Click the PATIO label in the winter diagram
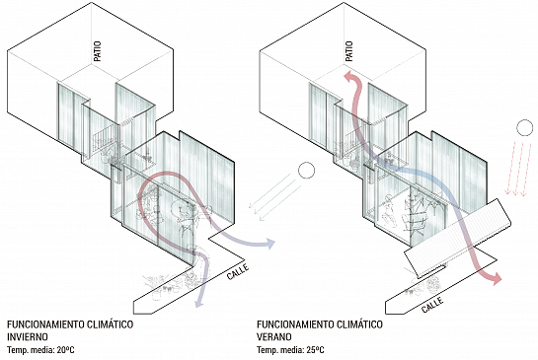click(98, 51)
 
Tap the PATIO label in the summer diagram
click(348, 51)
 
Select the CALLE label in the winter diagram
click(238, 271)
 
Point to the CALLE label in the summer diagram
click(432, 305)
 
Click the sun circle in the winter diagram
click(306, 171)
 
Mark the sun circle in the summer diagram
click(524, 127)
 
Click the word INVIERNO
click(28, 336)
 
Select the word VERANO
click(274, 336)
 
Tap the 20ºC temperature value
click(65, 350)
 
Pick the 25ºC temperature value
click(315, 350)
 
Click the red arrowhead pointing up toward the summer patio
click(350, 76)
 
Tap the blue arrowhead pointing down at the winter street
click(198, 302)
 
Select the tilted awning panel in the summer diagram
click(458, 237)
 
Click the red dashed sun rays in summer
click(518, 168)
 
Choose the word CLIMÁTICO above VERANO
click(359, 324)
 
